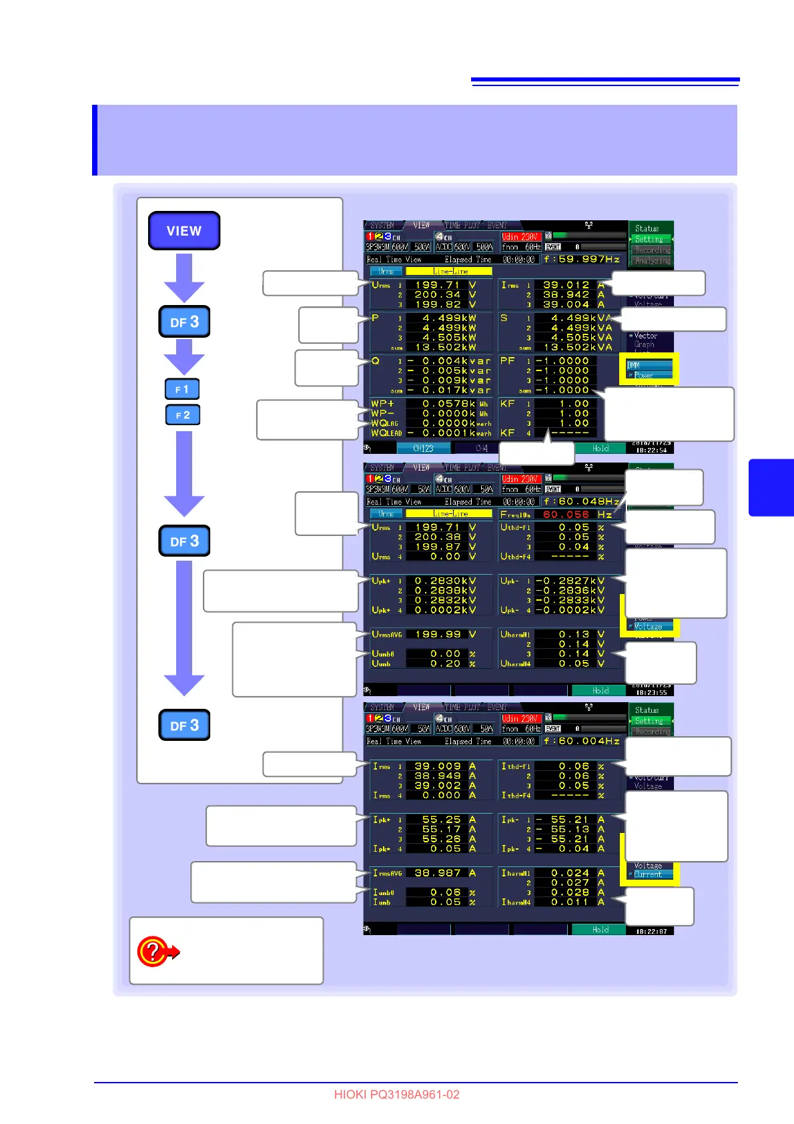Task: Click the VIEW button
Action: (x=184, y=231)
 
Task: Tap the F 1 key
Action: (x=182, y=389)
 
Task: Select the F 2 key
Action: (x=182, y=415)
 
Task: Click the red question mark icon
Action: (x=153, y=950)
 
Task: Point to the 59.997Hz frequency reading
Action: (x=582, y=259)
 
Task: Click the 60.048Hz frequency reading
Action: (x=582, y=501)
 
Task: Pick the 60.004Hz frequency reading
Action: (x=582, y=741)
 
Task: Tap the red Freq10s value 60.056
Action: (x=566, y=515)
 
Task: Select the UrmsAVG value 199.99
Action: (x=437, y=634)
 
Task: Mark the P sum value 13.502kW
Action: (x=449, y=347)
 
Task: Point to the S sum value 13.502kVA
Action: (x=578, y=347)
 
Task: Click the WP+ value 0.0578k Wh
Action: (x=448, y=404)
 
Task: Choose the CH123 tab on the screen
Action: (x=423, y=449)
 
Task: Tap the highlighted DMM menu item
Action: (x=649, y=365)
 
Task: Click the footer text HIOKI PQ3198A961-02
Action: (x=396, y=1095)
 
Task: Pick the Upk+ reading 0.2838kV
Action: (x=445, y=591)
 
